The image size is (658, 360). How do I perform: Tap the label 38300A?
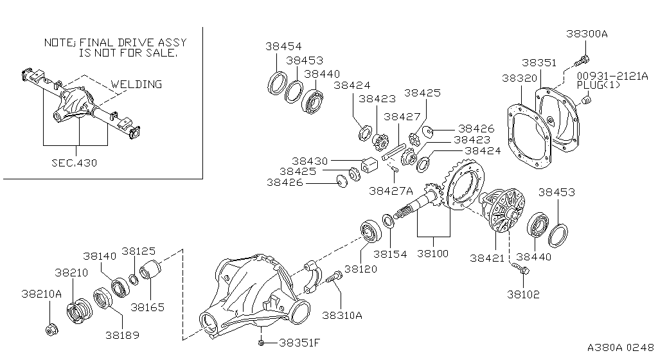coord(587,34)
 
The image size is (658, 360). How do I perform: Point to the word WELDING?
coord(136,84)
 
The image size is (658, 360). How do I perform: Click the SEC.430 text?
coord(74,163)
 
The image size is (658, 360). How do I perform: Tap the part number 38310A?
coord(342,315)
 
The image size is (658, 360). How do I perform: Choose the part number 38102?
coord(523,294)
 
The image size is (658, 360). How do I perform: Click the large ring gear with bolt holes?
coord(463,186)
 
